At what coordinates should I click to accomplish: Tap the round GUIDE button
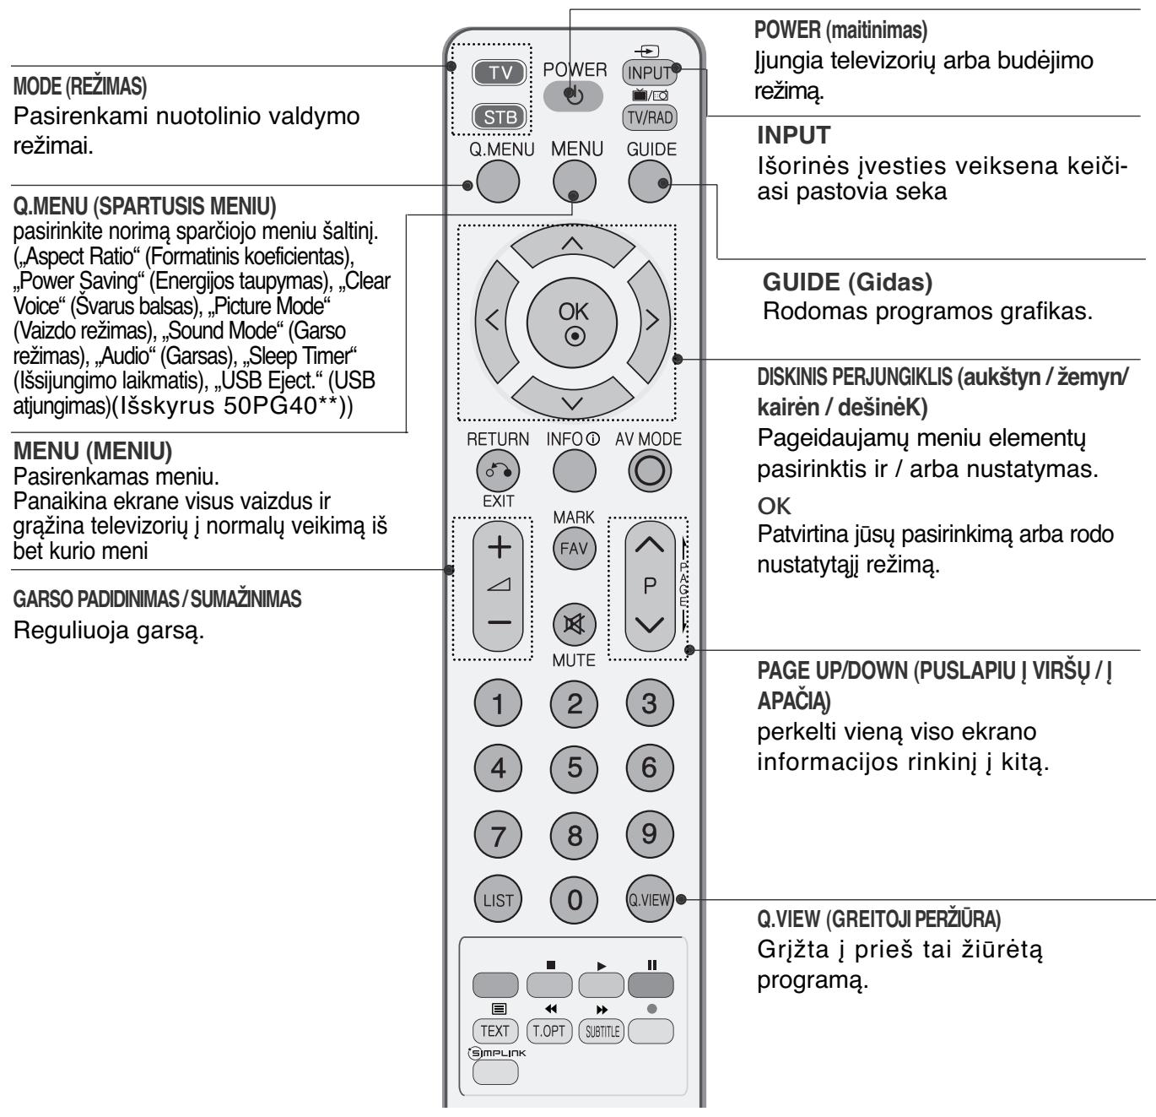(651, 182)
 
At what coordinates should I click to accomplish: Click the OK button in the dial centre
(574, 320)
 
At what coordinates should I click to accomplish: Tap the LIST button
(498, 900)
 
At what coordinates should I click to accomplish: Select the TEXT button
(494, 1030)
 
